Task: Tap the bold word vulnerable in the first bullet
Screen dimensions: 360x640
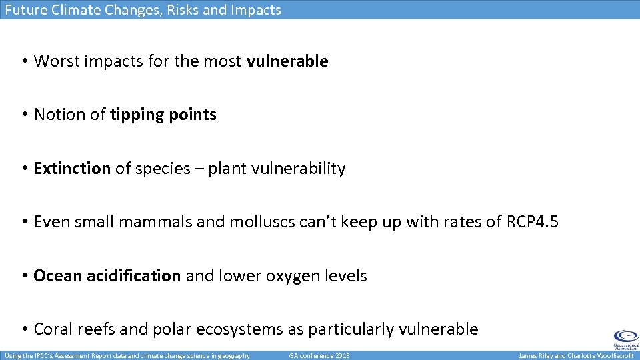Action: tap(287, 61)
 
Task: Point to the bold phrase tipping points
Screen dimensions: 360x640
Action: tap(163, 115)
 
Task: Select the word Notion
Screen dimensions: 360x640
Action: tap(61, 115)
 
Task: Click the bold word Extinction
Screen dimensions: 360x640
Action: tap(72, 169)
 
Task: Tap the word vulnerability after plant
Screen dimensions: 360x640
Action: tap(298, 169)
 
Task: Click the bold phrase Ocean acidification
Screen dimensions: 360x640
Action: tap(107, 276)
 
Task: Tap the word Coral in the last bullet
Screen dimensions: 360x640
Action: tap(53, 329)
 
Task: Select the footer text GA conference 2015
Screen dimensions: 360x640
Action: tap(319, 355)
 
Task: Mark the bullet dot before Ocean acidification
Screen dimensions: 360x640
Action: tap(23, 276)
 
